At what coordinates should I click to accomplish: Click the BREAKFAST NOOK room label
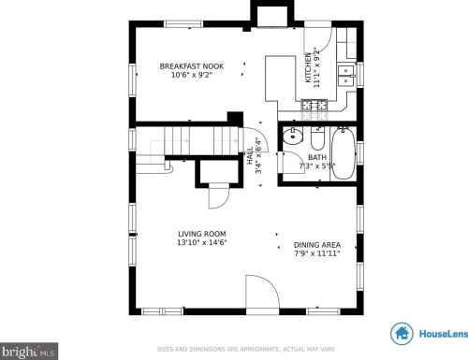(x=191, y=65)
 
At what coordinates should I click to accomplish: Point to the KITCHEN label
(x=309, y=67)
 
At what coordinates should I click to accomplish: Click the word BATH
(x=317, y=158)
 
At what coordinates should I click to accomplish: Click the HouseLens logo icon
(x=402, y=333)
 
